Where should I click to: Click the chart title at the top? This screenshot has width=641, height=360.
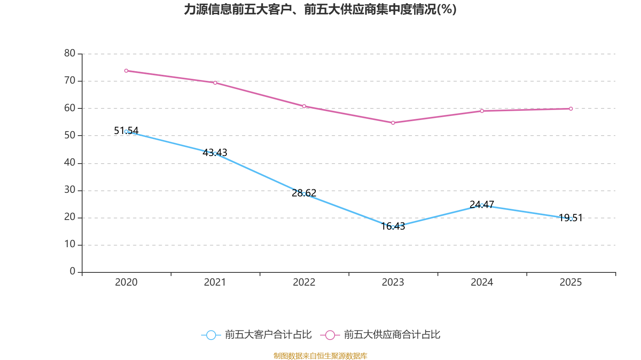tap(320, 10)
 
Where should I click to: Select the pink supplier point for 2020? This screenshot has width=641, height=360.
tap(126, 71)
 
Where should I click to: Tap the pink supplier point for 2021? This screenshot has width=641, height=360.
tap(215, 83)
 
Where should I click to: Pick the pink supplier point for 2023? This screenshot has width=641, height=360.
tap(393, 123)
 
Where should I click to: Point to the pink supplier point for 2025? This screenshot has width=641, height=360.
tap(571, 109)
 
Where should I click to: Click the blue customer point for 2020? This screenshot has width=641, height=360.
tap(126, 132)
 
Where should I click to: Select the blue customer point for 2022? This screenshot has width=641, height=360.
tap(304, 194)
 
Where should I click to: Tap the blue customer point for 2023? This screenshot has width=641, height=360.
tap(393, 227)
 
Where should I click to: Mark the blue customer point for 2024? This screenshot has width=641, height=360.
tap(482, 205)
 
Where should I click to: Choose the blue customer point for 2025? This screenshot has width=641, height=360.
tap(571, 219)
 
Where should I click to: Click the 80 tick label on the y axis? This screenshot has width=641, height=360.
tap(70, 53)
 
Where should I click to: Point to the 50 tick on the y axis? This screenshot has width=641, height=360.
tap(70, 135)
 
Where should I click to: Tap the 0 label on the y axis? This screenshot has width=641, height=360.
tap(73, 272)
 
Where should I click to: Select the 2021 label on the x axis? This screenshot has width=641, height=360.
tap(215, 282)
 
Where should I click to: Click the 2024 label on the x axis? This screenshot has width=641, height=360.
tap(482, 282)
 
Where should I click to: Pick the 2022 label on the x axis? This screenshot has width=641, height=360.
tap(304, 282)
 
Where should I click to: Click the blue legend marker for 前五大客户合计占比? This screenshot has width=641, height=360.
tap(211, 335)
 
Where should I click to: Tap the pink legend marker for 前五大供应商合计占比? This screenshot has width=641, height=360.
tap(330, 335)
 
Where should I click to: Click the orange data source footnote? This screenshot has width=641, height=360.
tap(320, 356)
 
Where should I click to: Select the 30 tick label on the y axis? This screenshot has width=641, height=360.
tap(70, 190)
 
